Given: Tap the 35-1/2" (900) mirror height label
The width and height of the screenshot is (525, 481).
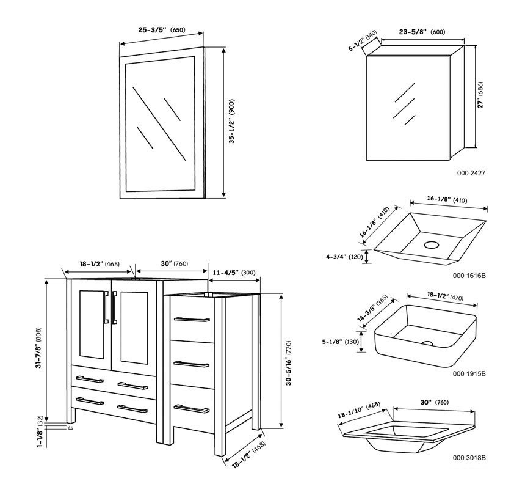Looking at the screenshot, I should (x=232, y=123).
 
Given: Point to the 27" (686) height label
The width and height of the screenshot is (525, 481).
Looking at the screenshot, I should (x=481, y=95).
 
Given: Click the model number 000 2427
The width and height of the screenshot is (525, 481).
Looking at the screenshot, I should (x=471, y=174).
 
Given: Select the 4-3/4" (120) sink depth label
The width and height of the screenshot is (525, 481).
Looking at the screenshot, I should (x=346, y=257).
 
